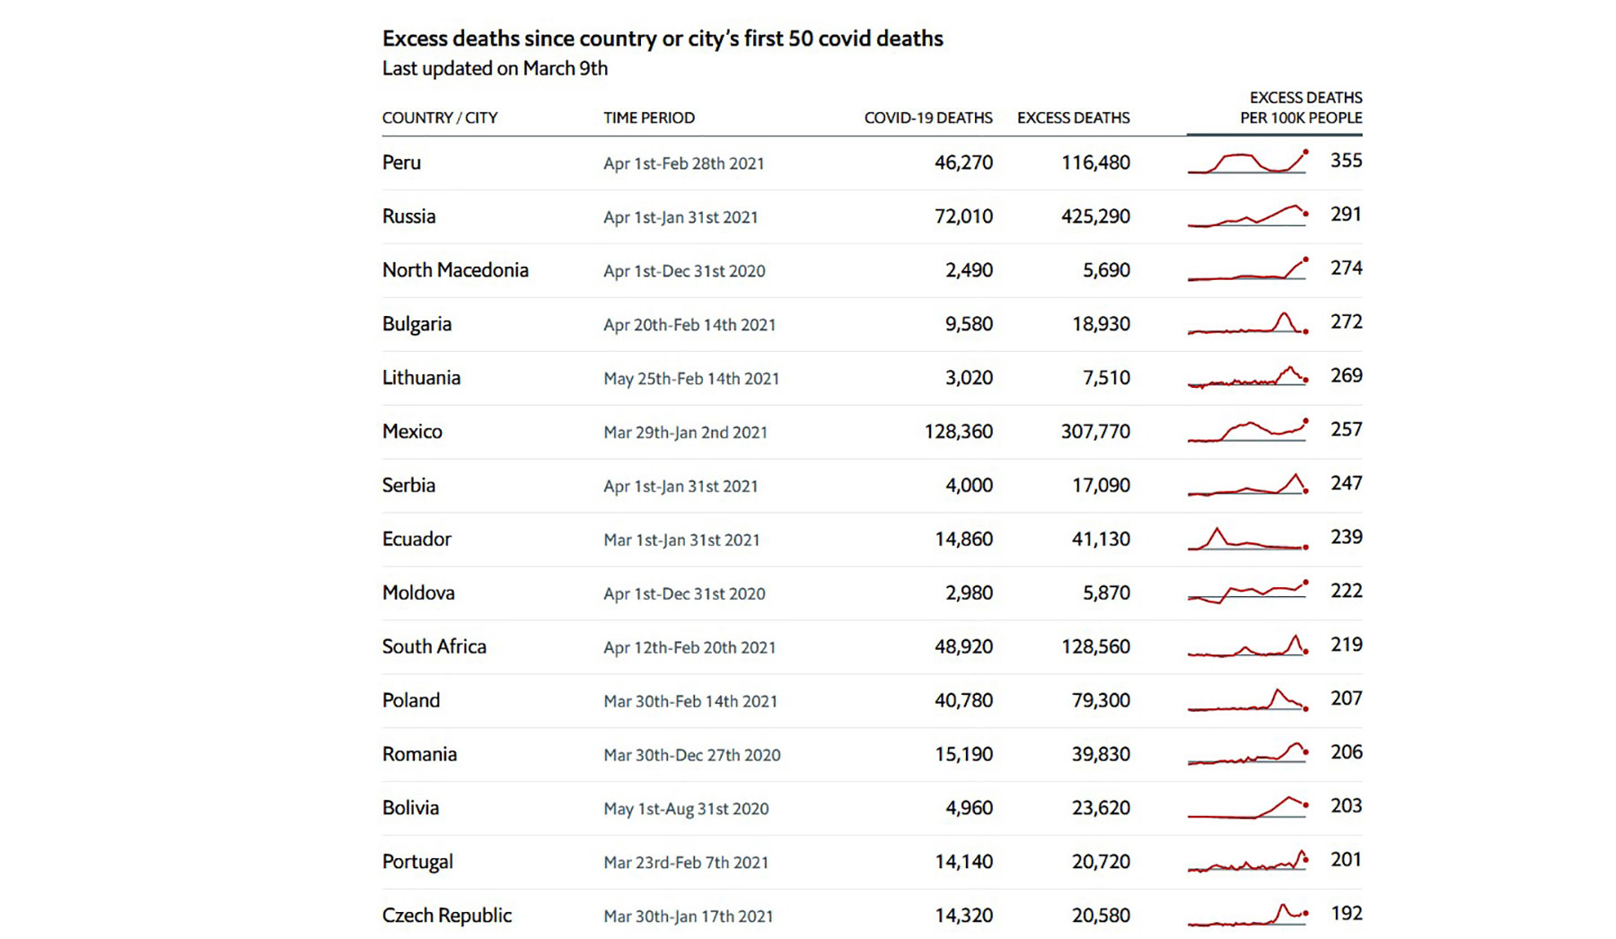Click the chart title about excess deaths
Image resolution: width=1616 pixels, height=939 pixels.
(663, 39)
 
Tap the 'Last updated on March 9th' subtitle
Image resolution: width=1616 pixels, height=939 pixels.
(495, 68)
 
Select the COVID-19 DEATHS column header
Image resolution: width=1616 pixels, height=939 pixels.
(928, 118)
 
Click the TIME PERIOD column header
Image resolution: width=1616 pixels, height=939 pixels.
(649, 118)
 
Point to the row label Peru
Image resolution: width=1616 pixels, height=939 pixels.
(401, 162)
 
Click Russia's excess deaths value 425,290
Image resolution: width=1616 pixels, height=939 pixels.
(1095, 216)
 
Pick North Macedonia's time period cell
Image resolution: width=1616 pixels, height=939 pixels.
(684, 270)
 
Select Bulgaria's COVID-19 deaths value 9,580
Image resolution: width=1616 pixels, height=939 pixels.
(969, 324)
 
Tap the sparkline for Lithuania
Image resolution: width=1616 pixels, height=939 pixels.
(1247, 378)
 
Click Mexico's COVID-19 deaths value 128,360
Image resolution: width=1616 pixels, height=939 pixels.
(958, 432)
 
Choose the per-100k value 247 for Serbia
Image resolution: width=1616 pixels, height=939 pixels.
(1346, 484)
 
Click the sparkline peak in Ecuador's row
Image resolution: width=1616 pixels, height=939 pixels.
(1217, 531)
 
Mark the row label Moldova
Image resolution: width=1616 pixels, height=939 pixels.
(418, 593)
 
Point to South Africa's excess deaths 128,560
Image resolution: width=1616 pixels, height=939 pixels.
(1095, 647)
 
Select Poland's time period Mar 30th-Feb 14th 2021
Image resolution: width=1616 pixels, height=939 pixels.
(690, 701)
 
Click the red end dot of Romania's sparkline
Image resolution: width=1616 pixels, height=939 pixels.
(1305, 752)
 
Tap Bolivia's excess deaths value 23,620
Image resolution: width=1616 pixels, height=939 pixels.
(1101, 808)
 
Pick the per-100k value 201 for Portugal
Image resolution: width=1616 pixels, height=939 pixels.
(1346, 860)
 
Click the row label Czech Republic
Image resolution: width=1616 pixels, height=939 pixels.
(447, 916)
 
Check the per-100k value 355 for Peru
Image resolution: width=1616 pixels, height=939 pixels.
(1346, 161)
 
